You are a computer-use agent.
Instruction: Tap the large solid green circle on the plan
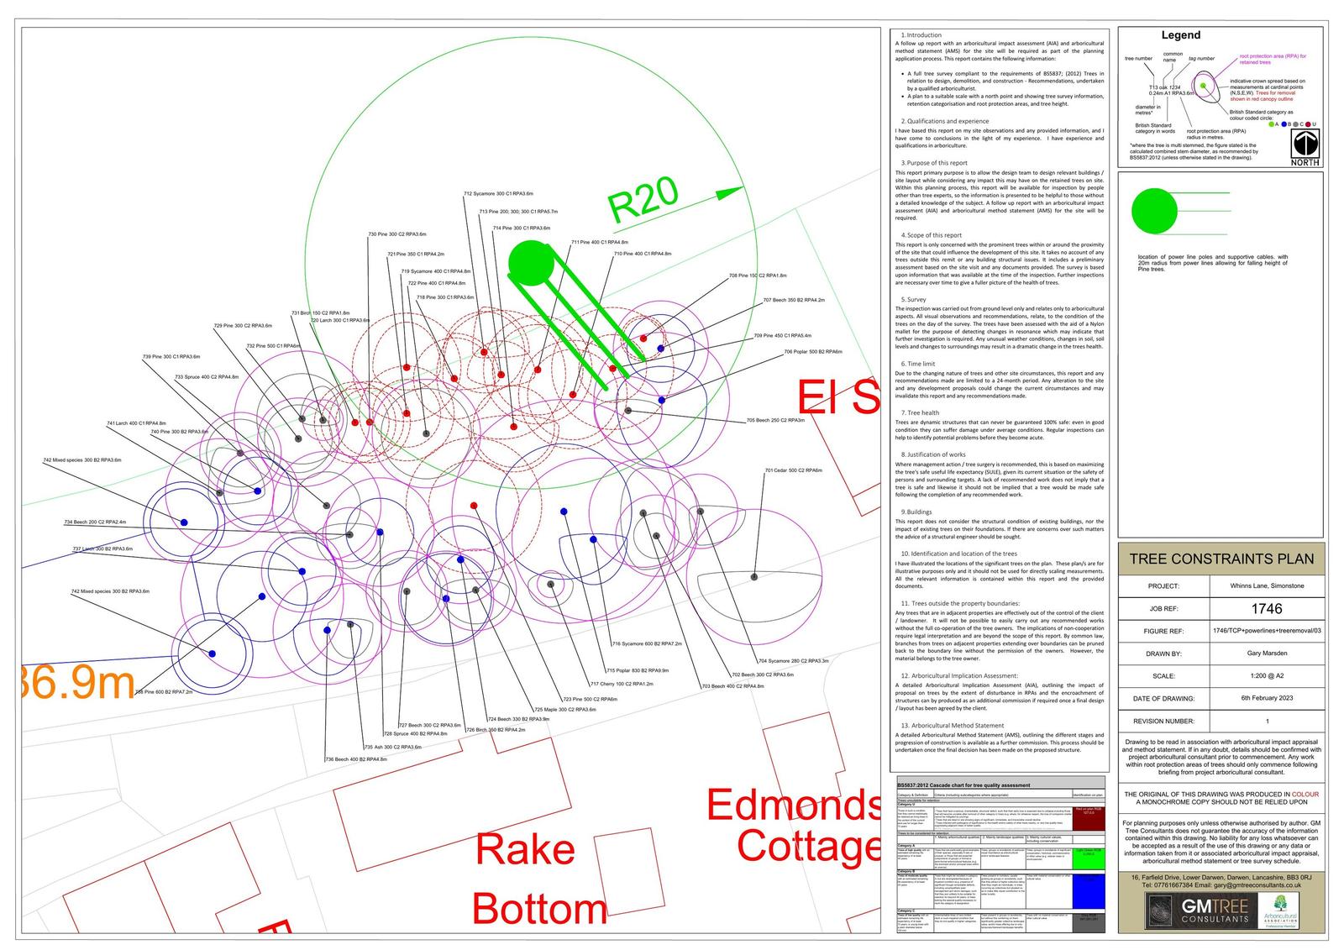(532, 262)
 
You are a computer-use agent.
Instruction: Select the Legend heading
(1180, 35)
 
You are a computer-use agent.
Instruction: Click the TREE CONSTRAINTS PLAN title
(1221, 559)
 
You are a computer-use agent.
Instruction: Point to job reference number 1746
(1267, 608)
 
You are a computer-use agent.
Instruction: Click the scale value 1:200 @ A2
(1267, 675)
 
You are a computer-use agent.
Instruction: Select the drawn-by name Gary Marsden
(1267, 653)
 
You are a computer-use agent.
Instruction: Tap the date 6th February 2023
(1267, 698)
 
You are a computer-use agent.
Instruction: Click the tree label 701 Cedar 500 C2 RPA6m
(793, 470)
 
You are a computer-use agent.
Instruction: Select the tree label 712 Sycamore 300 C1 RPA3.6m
(498, 194)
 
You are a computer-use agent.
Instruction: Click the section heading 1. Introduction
(921, 35)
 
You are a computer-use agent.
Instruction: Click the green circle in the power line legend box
(1154, 211)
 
